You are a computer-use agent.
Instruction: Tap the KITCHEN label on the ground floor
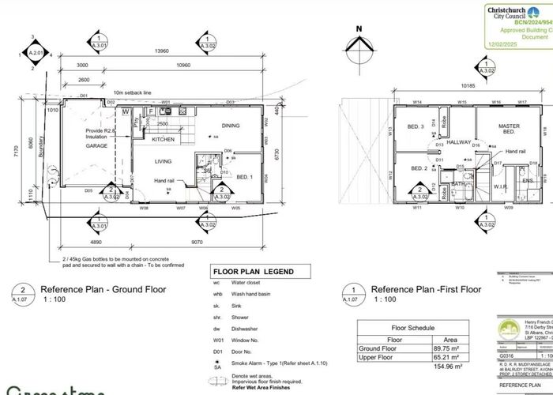pyautogui.click(x=163, y=139)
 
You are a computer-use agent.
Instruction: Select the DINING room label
pyautogui.click(x=230, y=126)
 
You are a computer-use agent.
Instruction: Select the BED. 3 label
pyautogui.click(x=416, y=126)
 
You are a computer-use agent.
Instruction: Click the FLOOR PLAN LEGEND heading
pyautogui.click(x=251, y=270)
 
